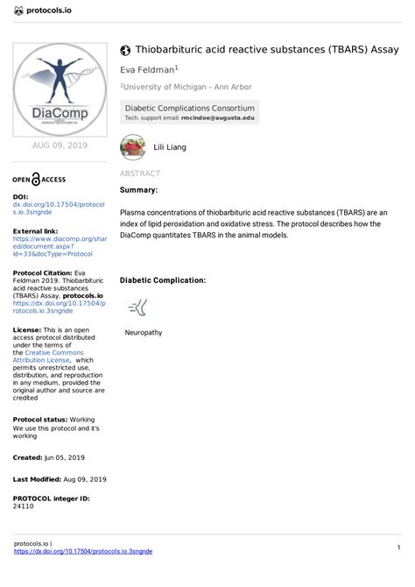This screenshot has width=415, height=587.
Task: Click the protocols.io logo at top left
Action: [44, 10]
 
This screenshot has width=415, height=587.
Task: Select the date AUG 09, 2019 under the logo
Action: [59, 145]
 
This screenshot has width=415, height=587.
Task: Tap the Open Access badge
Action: [39, 179]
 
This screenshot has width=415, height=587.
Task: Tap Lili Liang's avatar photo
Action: [132, 146]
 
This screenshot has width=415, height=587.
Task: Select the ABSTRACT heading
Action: [139, 174]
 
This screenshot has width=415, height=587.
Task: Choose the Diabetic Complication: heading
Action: [162, 280]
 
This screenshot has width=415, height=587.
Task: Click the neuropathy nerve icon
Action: [138, 307]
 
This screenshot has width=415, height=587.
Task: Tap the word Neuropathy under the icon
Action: [144, 333]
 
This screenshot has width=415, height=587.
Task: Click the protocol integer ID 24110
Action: [24, 506]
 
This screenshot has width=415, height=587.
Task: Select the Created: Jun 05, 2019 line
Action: [49, 457]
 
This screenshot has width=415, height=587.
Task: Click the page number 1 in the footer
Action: [397, 547]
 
